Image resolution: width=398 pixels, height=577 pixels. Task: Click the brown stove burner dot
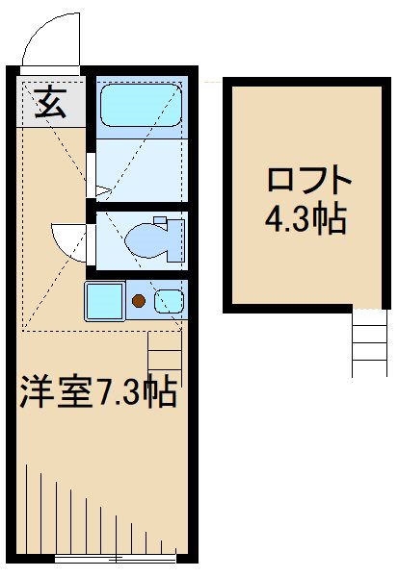(x=139, y=301)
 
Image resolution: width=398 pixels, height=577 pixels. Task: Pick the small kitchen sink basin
(x=169, y=300)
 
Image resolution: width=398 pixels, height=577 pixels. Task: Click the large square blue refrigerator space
(x=104, y=301)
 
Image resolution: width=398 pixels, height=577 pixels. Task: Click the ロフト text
(x=306, y=181)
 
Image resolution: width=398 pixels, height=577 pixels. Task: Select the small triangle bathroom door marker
(x=90, y=179)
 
